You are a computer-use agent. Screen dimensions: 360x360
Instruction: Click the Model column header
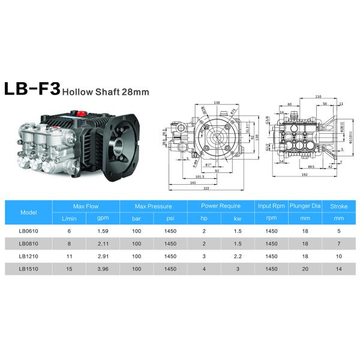coord(28,212)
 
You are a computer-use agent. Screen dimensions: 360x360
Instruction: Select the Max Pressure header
coord(153,206)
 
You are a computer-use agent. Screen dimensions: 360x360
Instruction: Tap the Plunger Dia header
coord(305,206)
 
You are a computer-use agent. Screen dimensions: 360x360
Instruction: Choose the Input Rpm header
coord(270,206)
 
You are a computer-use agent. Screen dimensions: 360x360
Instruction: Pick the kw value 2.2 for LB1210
coord(238,257)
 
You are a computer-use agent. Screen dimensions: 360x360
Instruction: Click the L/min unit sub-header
coord(70,218)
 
